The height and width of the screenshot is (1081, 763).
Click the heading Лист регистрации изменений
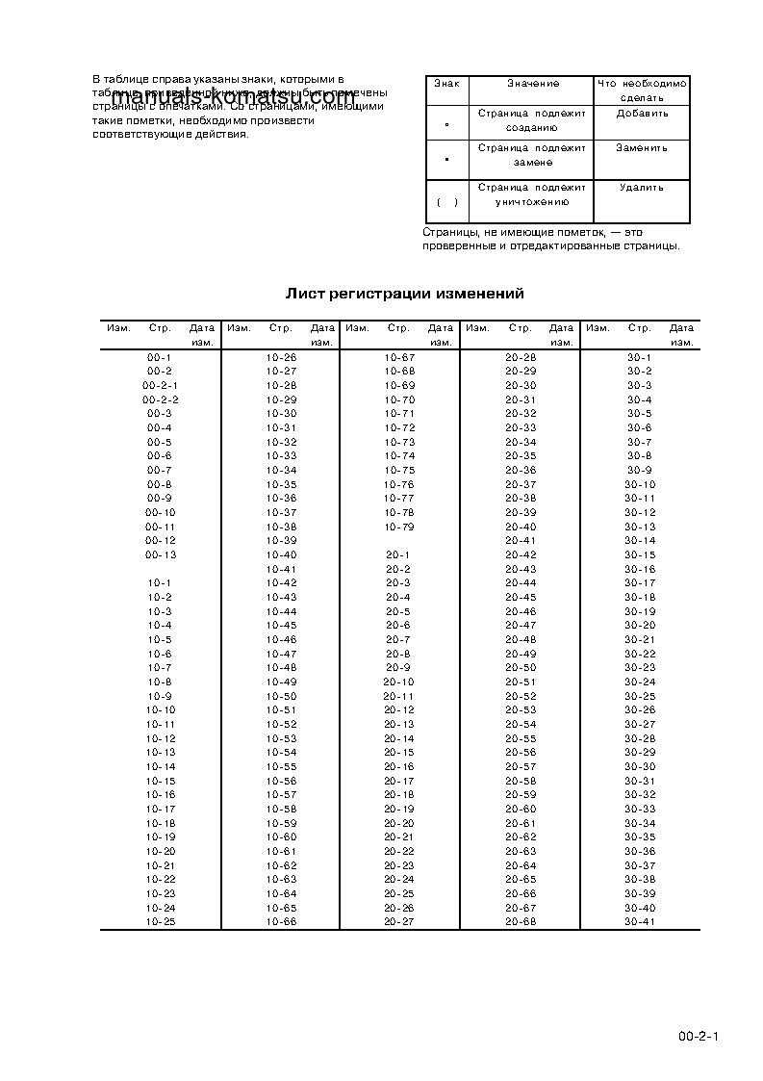[x=404, y=294]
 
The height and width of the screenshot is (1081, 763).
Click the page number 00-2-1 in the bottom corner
[x=699, y=1037]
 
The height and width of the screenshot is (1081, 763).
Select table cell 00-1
[x=160, y=357]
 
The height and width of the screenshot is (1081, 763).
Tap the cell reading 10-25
[x=160, y=922]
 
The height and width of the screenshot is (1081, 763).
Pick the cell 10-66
[x=281, y=922]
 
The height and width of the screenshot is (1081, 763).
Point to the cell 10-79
[x=398, y=527]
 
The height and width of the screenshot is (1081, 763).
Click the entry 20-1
[x=398, y=555]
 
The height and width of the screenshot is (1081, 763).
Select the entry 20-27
[x=398, y=922]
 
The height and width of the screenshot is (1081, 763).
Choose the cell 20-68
[x=521, y=922]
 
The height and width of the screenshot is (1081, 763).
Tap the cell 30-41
[x=640, y=922]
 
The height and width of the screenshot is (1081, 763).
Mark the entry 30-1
[x=640, y=357]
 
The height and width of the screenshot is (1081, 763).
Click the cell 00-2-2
[x=160, y=399]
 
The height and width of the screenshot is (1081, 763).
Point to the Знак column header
[x=446, y=84]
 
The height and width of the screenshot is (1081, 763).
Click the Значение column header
[x=532, y=84]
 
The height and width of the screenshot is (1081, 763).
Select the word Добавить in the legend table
[x=642, y=114]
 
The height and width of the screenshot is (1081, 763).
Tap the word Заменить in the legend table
[x=642, y=148]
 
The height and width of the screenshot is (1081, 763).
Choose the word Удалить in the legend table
[x=642, y=188]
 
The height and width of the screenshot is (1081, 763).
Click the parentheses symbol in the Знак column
[x=446, y=202]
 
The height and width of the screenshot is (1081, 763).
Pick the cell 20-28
[x=521, y=357]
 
